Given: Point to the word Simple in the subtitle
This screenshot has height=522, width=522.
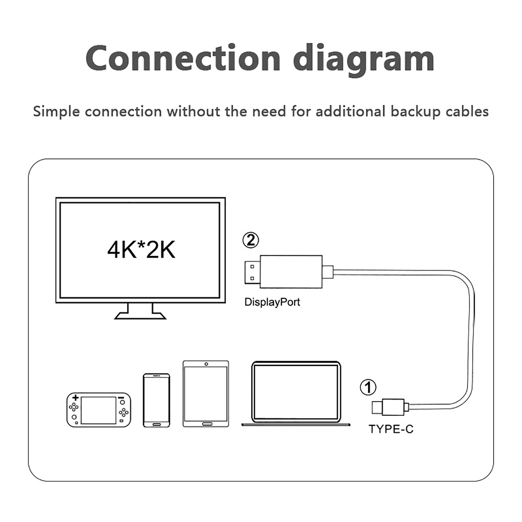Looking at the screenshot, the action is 56,112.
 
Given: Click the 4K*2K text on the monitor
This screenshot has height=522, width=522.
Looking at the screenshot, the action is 141,250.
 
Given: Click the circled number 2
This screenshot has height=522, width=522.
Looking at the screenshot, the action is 251,240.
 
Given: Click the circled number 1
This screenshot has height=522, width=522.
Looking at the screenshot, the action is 368,387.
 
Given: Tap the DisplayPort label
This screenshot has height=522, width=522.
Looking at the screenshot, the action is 272,302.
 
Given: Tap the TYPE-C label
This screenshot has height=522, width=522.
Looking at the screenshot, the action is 391,429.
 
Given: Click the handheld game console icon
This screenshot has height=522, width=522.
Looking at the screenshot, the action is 99,410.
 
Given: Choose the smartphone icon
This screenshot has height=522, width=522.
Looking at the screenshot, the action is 156,400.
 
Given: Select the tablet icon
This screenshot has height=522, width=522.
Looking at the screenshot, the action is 206,394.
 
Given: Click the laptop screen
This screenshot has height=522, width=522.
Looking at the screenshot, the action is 296,391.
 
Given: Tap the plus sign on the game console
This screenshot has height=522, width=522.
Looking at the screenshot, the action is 76,398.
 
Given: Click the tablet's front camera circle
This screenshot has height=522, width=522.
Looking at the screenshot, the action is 206,364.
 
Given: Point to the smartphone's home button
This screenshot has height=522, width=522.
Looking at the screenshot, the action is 157,424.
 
